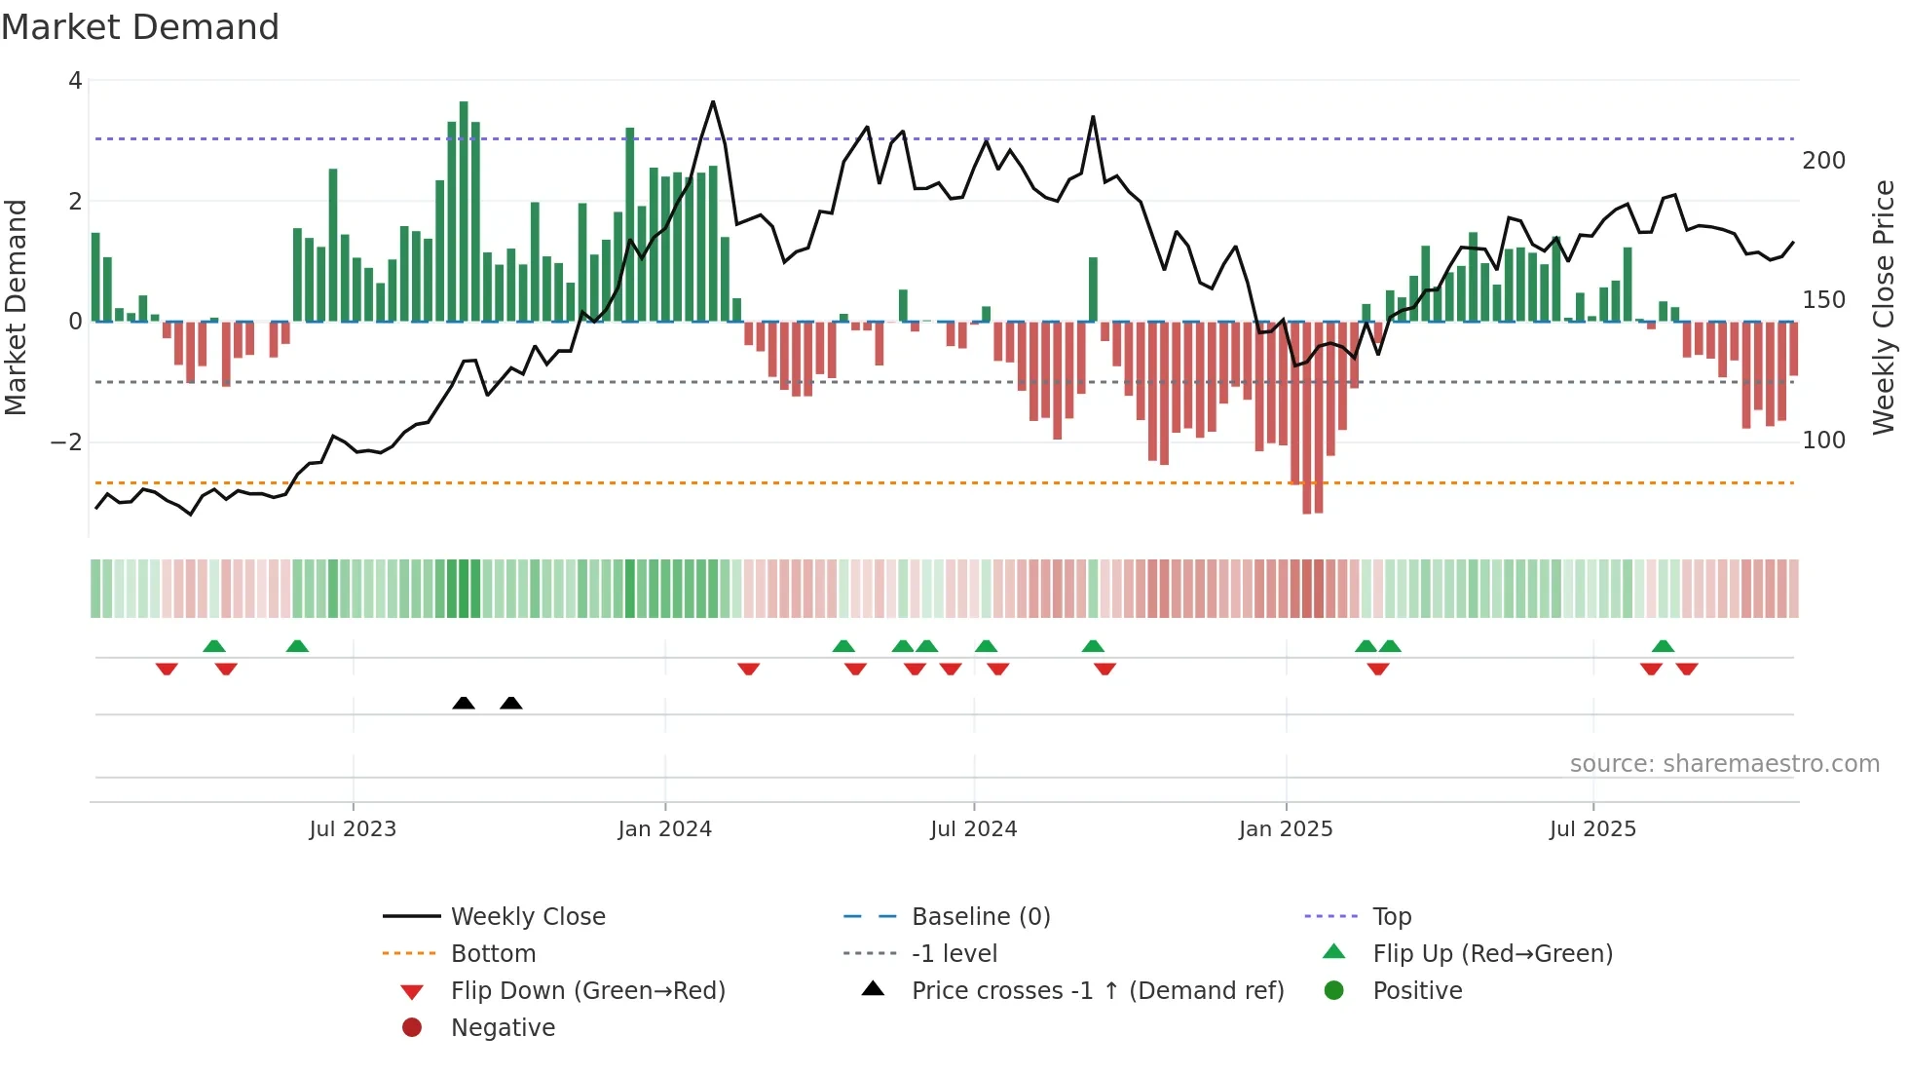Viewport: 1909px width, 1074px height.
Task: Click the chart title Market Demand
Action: pyautogui.click(x=140, y=27)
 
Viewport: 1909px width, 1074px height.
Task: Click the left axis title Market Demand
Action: pyautogui.click(x=17, y=308)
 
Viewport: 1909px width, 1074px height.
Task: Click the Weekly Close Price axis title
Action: pyautogui.click(x=1884, y=308)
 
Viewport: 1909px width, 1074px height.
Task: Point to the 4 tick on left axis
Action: pyautogui.click(x=75, y=81)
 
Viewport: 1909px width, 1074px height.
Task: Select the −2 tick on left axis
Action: pyautogui.click(x=66, y=442)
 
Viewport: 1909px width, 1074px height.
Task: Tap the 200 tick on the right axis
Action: pyautogui.click(x=1823, y=161)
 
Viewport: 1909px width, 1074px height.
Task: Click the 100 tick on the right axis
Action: pyautogui.click(x=1823, y=441)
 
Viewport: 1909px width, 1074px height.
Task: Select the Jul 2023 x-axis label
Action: pyautogui.click(x=353, y=829)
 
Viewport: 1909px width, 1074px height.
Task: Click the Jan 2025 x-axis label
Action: pyautogui.click(x=1286, y=829)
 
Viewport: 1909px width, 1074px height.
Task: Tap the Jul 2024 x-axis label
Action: pyautogui.click(x=973, y=829)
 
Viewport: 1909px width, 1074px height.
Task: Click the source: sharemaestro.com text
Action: pyautogui.click(x=1724, y=764)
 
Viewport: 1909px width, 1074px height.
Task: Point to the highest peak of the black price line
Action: pyautogui.click(x=713, y=101)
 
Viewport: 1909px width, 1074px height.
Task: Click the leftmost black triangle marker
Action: pyautogui.click(x=464, y=703)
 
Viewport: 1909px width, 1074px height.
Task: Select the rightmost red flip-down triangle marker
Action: pyautogui.click(x=1687, y=669)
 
